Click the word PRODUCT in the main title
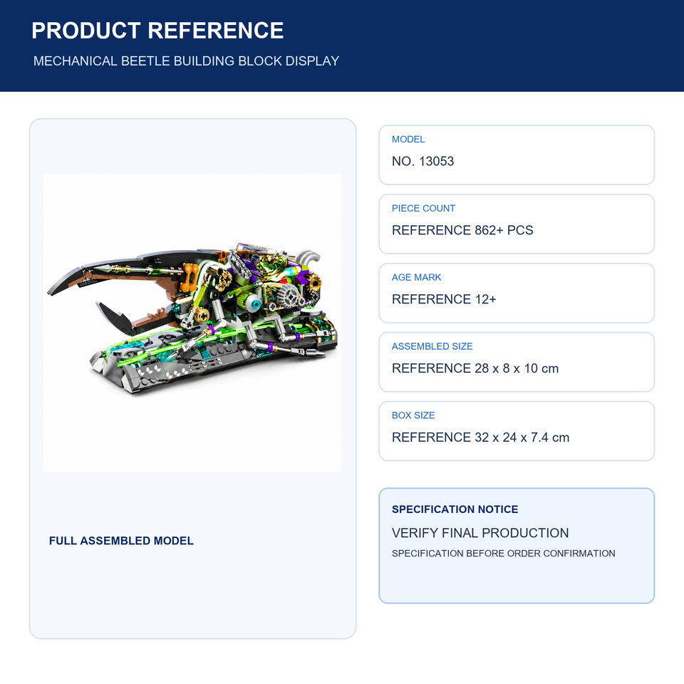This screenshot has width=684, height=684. pos(86,31)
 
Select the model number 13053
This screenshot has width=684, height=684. pos(436,162)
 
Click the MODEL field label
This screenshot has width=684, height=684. pos(408,140)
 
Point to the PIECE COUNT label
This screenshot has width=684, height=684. pos(423,209)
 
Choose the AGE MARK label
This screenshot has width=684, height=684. pos(416,277)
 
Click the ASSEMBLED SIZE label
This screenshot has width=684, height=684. pos(432,346)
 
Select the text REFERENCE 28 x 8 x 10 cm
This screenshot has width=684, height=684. pos(475,368)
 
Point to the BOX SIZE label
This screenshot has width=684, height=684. pos(413,415)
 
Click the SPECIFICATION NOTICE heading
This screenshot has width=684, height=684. pos(455,509)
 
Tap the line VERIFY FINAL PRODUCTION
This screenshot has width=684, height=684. pos(480,533)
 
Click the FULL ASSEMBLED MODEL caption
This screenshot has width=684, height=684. pos(121,541)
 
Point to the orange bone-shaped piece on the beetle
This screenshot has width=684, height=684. pos(190,276)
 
